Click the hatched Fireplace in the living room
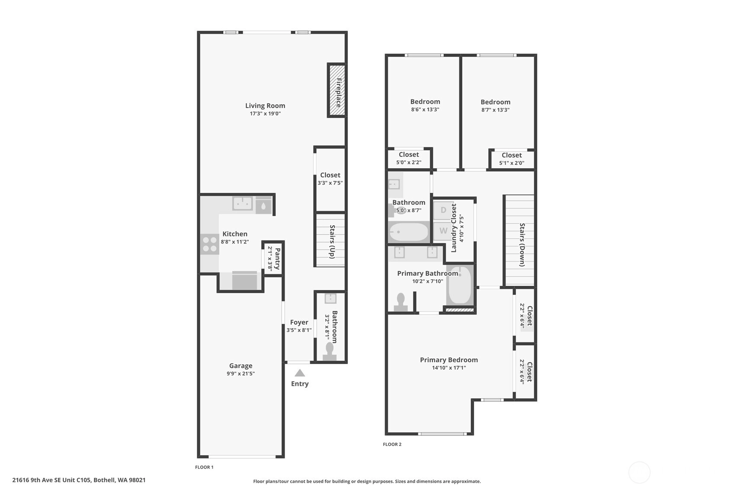[337, 90]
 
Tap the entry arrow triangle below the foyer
[299, 373]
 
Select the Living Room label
[265, 105]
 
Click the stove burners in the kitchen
[210, 244]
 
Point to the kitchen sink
[243, 203]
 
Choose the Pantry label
[277, 259]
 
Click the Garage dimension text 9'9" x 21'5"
[240, 374]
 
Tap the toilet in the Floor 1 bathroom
[330, 352]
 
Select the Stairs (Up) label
[332, 242]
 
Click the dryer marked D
[443, 210]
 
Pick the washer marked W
[443, 231]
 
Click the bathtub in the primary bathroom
[460, 285]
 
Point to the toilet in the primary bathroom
[401, 302]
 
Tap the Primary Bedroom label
[449, 360]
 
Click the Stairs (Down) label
[522, 245]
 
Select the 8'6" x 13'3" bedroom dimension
[425, 109]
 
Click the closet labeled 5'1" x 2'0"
[512, 159]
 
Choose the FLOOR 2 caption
[392, 444]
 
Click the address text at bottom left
[79, 480]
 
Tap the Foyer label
[299, 322]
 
